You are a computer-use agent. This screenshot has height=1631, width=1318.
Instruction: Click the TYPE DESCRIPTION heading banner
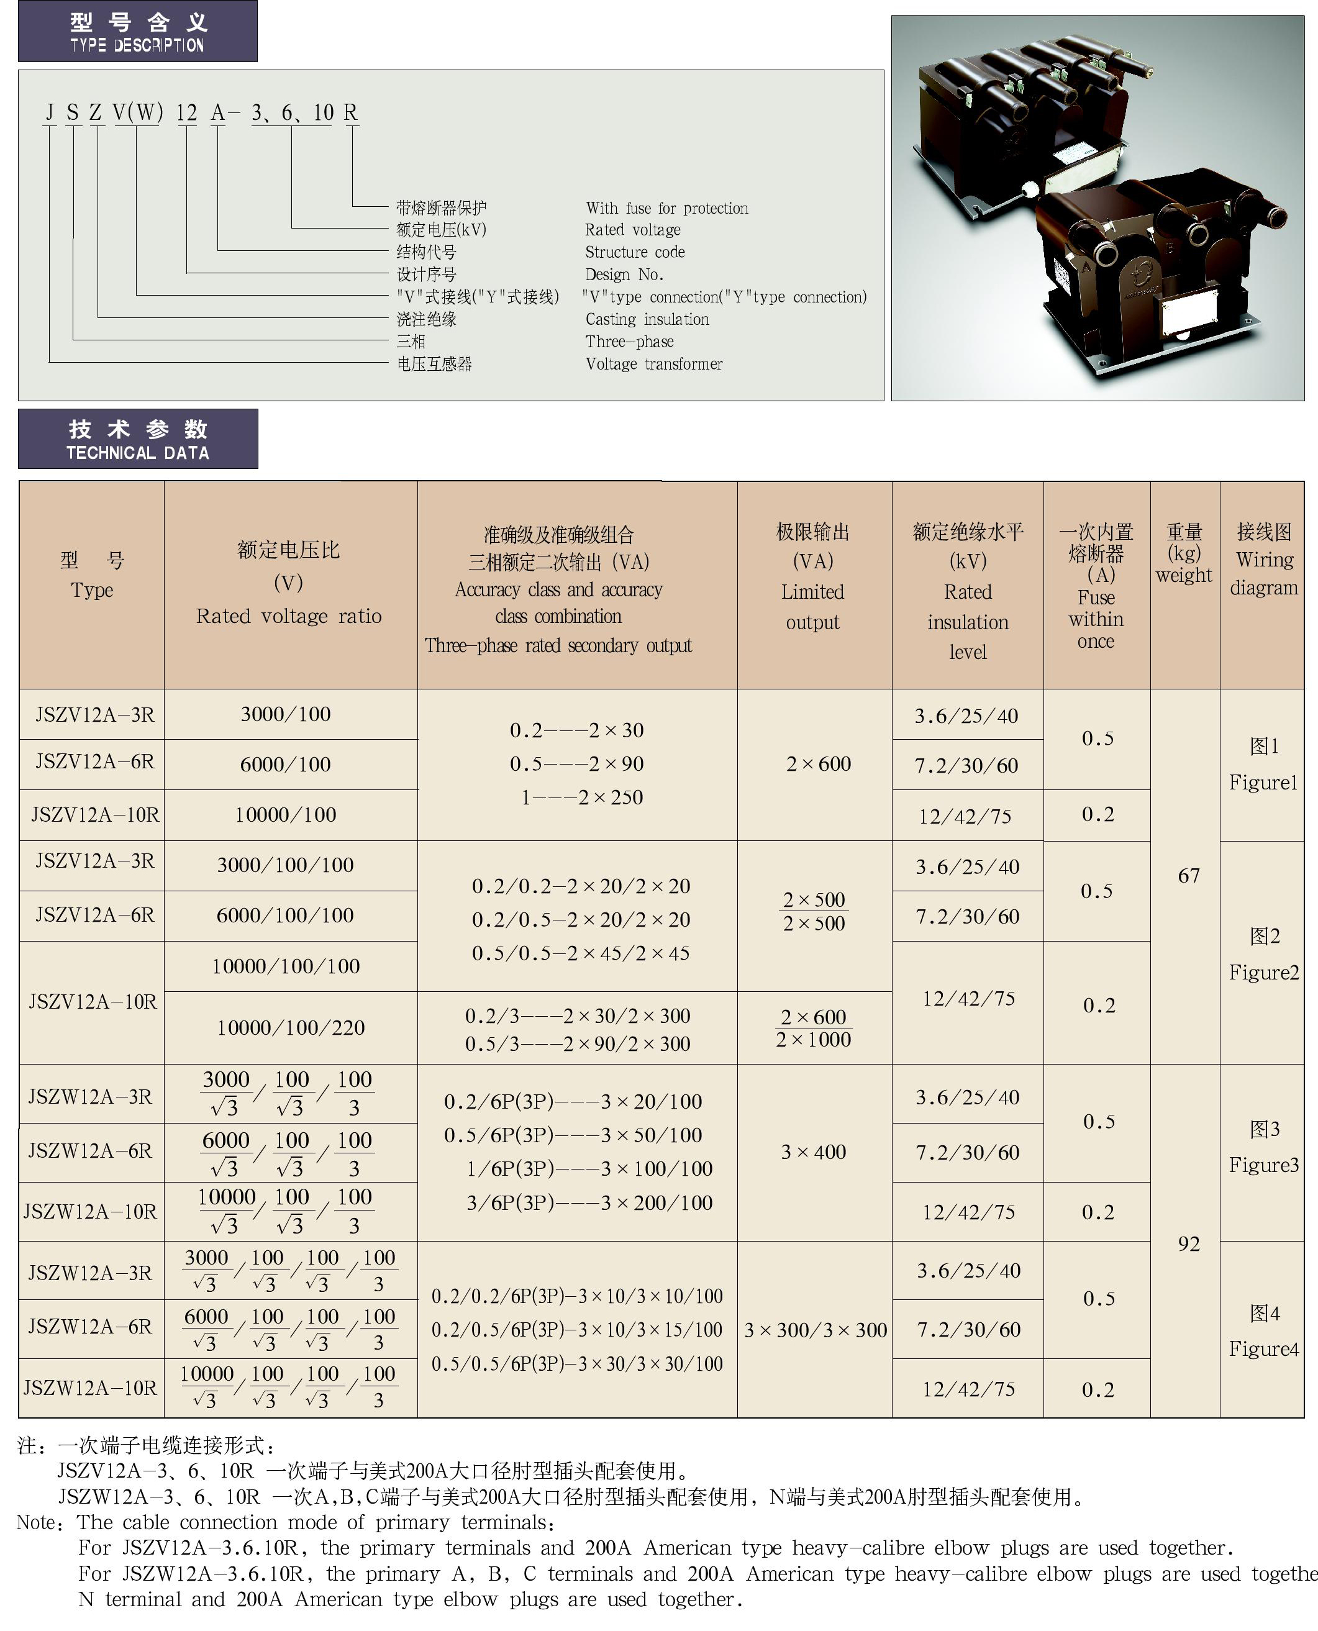(x=137, y=31)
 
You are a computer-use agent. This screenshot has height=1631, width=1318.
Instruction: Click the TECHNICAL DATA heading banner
(x=137, y=439)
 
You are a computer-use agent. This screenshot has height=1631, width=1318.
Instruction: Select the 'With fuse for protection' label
(x=666, y=208)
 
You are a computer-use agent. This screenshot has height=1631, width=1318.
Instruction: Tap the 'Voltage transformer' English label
(x=653, y=364)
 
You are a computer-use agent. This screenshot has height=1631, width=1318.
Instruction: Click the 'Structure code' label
(x=635, y=252)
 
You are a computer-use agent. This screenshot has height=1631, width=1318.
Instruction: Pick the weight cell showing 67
(x=1188, y=876)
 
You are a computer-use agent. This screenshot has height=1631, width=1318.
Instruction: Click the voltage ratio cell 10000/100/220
(x=291, y=1028)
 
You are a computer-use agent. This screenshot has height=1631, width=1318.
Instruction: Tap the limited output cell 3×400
(x=814, y=1153)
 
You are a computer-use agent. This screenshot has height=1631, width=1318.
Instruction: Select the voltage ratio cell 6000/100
(x=286, y=765)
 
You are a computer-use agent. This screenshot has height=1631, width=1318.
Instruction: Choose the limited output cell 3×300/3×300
(x=816, y=1330)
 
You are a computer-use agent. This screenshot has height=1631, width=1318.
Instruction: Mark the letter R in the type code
(x=350, y=113)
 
